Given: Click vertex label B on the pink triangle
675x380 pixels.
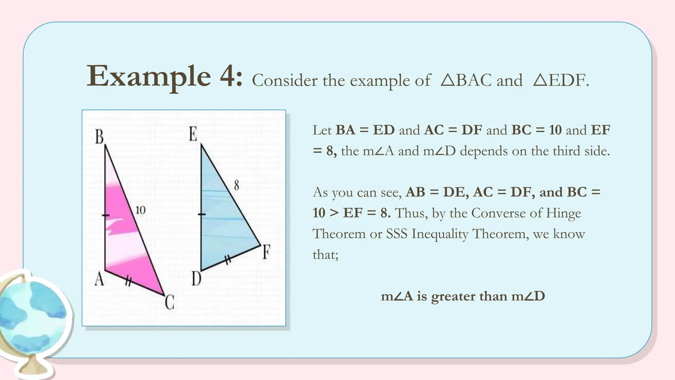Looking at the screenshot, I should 99,137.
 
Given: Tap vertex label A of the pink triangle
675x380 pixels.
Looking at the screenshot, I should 99,279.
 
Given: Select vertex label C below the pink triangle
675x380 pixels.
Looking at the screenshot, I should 169,302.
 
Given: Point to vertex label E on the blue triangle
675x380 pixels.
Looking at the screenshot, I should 193,134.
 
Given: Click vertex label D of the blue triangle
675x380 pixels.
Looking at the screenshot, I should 196,279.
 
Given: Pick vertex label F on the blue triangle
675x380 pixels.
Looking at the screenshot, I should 266,252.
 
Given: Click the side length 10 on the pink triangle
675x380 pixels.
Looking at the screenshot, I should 140,210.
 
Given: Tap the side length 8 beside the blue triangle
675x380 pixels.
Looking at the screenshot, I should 236,185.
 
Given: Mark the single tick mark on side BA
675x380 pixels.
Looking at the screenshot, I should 105,215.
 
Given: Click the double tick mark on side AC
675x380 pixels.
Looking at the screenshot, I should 128,281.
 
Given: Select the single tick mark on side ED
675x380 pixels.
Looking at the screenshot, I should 201,215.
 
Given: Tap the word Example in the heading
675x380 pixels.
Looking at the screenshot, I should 149,77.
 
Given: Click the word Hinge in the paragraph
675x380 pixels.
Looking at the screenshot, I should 563,213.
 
